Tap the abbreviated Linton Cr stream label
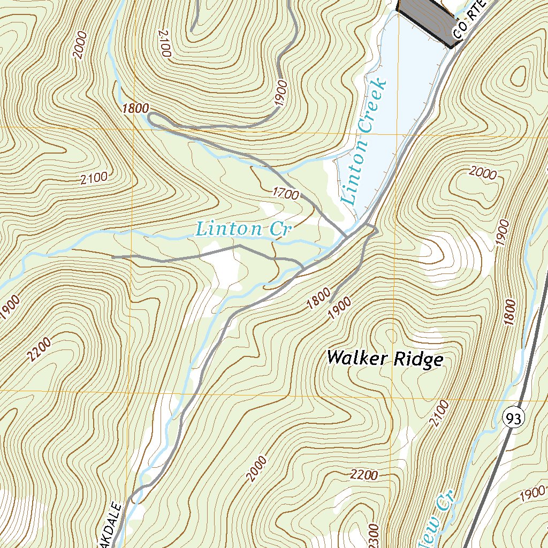tap(243, 229)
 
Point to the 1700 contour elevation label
tap(285, 193)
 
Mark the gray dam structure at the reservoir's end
tap(425, 19)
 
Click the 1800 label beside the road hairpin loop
tap(135, 108)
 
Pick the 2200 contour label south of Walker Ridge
tap(365, 475)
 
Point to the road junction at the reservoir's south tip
tap(347, 235)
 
